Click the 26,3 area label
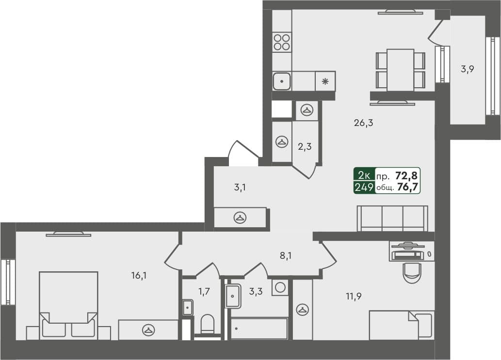click(363, 123)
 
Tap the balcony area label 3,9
click(467, 69)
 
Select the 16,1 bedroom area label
click(139, 276)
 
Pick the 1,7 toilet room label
click(204, 292)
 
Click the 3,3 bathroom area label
click(256, 292)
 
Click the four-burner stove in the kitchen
click(282, 42)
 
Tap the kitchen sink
click(281, 81)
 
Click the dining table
click(400, 69)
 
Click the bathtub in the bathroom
click(259, 329)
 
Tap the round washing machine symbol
click(280, 287)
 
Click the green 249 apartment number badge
click(364, 188)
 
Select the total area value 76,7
click(407, 188)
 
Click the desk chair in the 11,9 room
click(412, 272)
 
